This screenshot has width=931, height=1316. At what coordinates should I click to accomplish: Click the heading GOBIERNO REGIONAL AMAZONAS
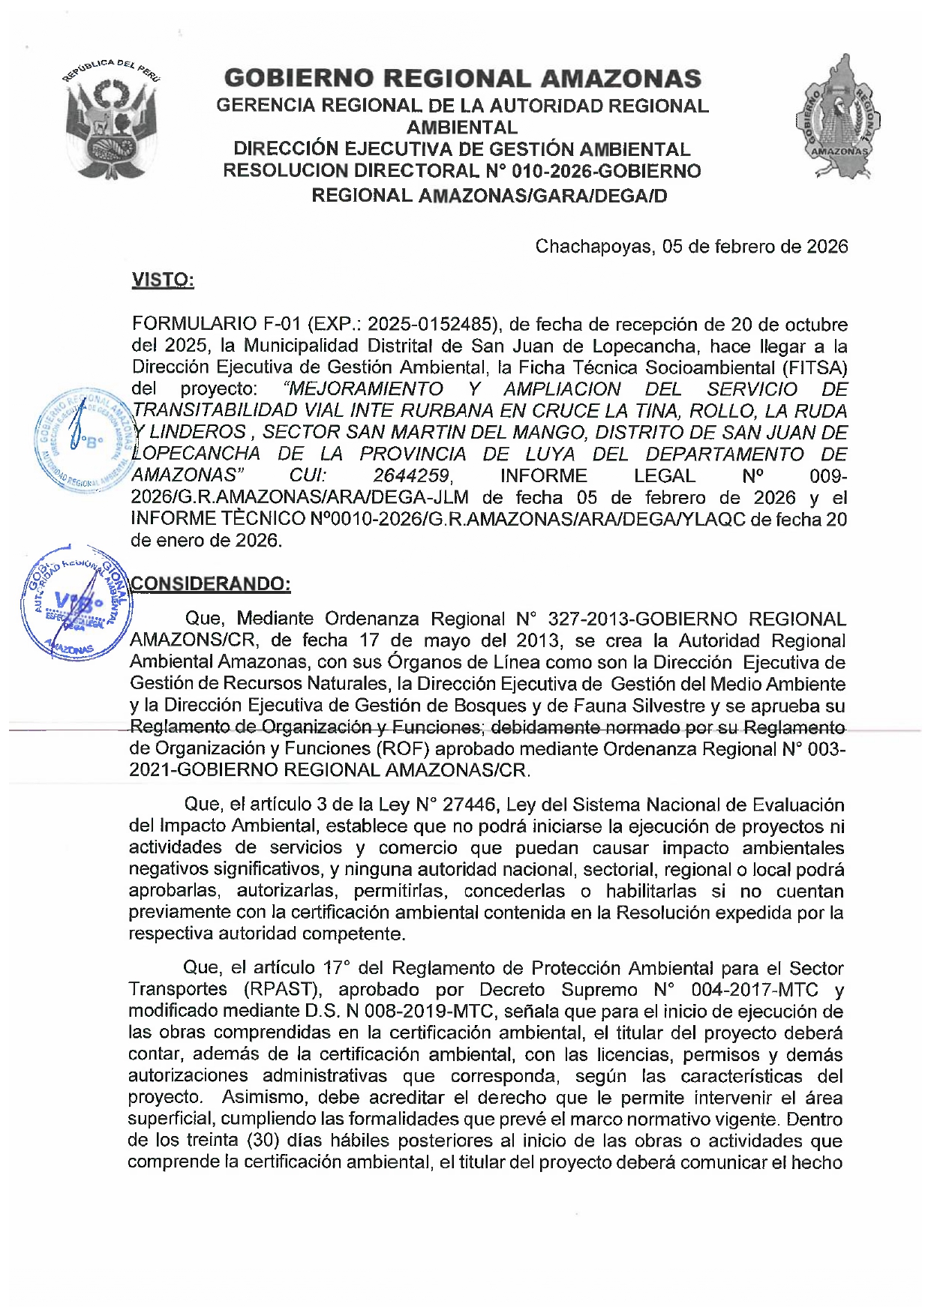coord(462,78)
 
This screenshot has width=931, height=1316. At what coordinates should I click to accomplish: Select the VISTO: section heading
coord(163,280)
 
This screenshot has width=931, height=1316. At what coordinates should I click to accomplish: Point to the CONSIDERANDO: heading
coord(211,584)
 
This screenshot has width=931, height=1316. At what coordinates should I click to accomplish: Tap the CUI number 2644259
coord(412,476)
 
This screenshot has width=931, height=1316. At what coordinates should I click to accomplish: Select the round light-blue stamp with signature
coord(84,440)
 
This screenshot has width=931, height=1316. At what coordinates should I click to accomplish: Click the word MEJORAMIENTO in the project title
coord(365,389)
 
